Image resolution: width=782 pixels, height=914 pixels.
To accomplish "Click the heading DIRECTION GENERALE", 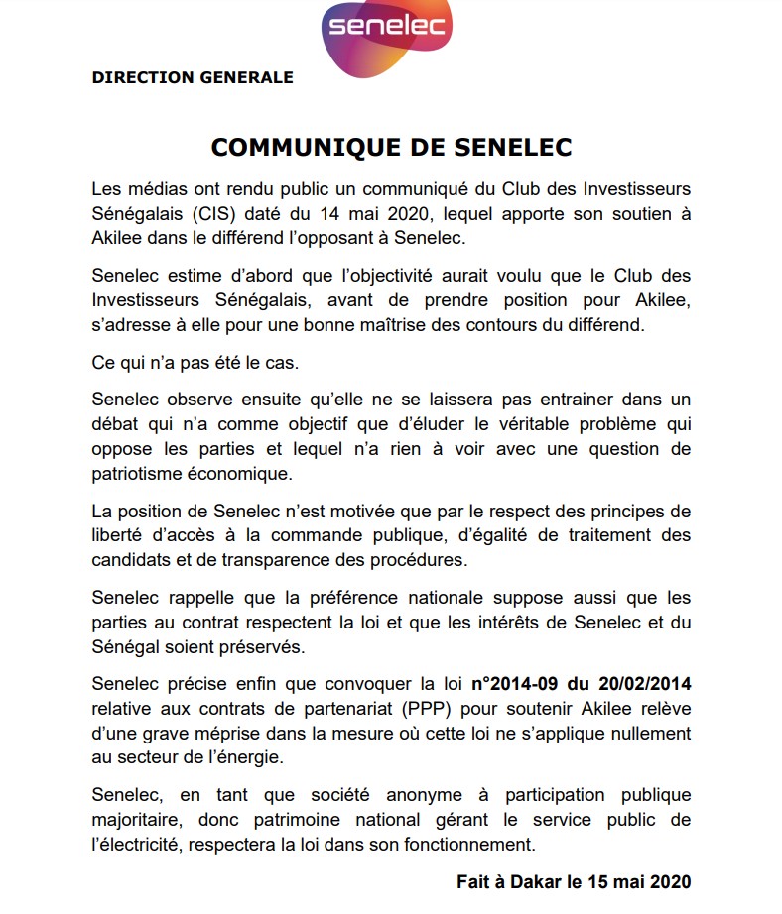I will (192, 77).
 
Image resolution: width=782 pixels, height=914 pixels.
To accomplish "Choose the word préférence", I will (382, 598).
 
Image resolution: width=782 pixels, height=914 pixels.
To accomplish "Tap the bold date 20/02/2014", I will (644, 684).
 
